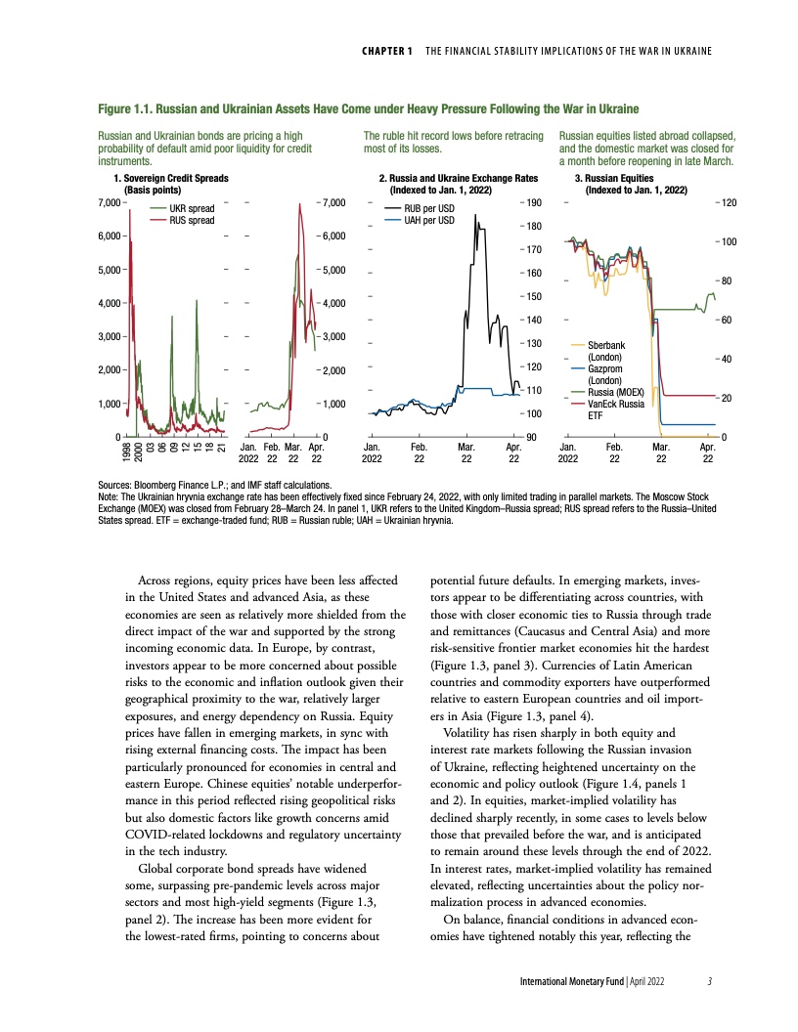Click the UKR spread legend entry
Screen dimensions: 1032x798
pos(192,208)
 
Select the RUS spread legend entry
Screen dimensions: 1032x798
pos(192,220)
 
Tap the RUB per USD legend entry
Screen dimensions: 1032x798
pos(428,208)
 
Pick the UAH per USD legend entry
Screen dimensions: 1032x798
pos(428,220)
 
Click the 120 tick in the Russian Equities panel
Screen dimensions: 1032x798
pos(730,202)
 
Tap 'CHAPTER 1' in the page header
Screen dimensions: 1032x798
pos(385,50)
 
